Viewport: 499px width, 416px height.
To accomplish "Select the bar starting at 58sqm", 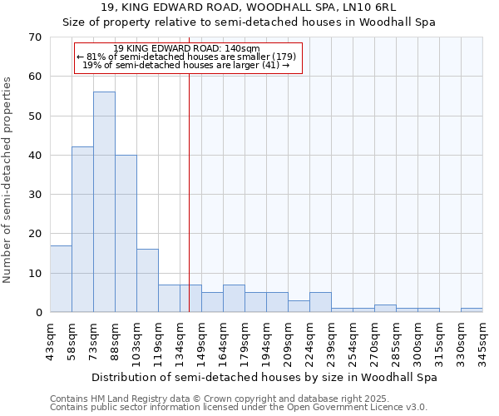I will [x=82, y=230].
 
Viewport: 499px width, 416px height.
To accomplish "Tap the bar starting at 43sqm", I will [x=61, y=279].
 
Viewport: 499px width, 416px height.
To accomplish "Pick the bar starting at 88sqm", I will [x=126, y=234].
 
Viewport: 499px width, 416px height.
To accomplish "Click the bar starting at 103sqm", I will [x=147, y=280].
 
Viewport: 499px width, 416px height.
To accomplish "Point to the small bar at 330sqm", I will [x=472, y=310].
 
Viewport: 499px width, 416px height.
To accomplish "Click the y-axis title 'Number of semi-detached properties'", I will [x=8, y=180].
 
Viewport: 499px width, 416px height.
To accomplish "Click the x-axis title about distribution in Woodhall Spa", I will [x=264, y=377].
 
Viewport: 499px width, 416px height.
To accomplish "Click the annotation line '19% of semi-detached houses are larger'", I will [x=187, y=65].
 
